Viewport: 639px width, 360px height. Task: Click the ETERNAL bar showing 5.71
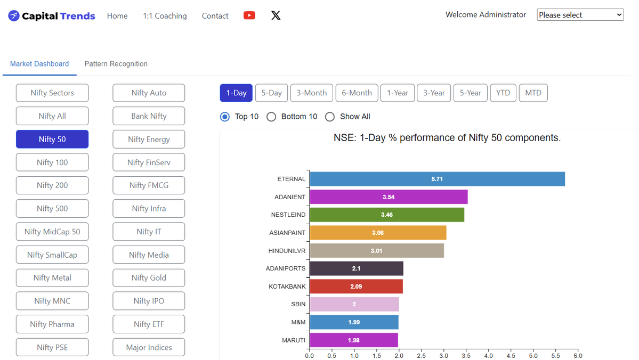point(437,179)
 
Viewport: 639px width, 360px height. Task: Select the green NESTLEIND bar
point(387,215)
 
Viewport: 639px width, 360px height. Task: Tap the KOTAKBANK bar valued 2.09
point(356,287)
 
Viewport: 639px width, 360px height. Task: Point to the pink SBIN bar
point(354,304)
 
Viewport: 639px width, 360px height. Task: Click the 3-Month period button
point(312,93)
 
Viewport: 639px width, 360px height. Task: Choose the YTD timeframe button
point(503,93)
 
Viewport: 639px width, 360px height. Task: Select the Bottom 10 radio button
point(271,117)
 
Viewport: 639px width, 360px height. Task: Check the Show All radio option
point(330,117)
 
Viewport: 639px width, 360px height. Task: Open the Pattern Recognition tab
point(116,64)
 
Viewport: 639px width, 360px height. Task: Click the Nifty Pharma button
point(52,324)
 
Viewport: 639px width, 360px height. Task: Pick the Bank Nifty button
point(149,116)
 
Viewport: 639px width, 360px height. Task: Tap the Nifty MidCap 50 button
point(52,232)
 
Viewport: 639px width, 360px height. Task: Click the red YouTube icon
point(249,15)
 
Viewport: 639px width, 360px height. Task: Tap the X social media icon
point(276,15)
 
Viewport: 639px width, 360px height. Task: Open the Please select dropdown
point(580,15)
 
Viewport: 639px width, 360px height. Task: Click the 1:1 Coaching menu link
point(165,16)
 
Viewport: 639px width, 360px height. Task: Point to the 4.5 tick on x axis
point(511,356)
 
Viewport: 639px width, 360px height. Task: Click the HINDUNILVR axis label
point(287,251)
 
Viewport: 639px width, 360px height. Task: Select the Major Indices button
point(149,347)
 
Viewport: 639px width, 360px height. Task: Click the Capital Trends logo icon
point(14,16)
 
